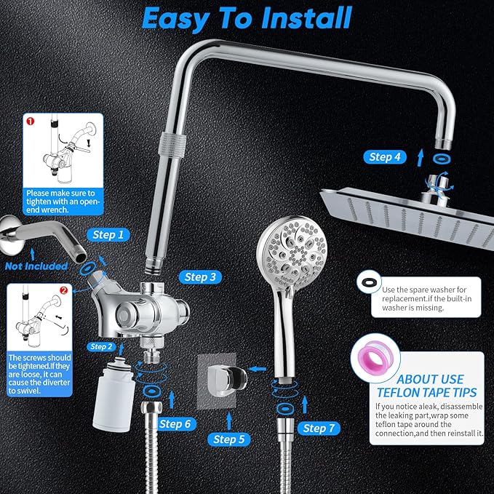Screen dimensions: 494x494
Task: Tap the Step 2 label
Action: (x=101, y=347)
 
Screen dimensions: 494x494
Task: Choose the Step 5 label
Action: (x=230, y=439)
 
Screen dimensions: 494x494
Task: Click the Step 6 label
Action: (x=175, y=423)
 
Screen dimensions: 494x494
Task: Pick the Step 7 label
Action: (x=319, y=428)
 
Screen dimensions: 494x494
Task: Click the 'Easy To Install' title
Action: (x=247, y=17)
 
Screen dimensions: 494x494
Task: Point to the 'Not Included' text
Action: (x=36, y=266)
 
